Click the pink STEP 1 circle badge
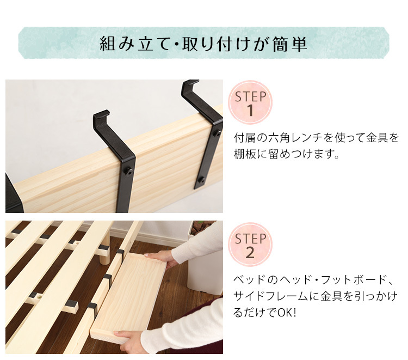250,102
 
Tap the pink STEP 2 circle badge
250,245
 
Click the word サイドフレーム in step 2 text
271,296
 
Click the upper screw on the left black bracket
129,172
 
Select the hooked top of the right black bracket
189,84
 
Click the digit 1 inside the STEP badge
250,111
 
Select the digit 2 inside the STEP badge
250,253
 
